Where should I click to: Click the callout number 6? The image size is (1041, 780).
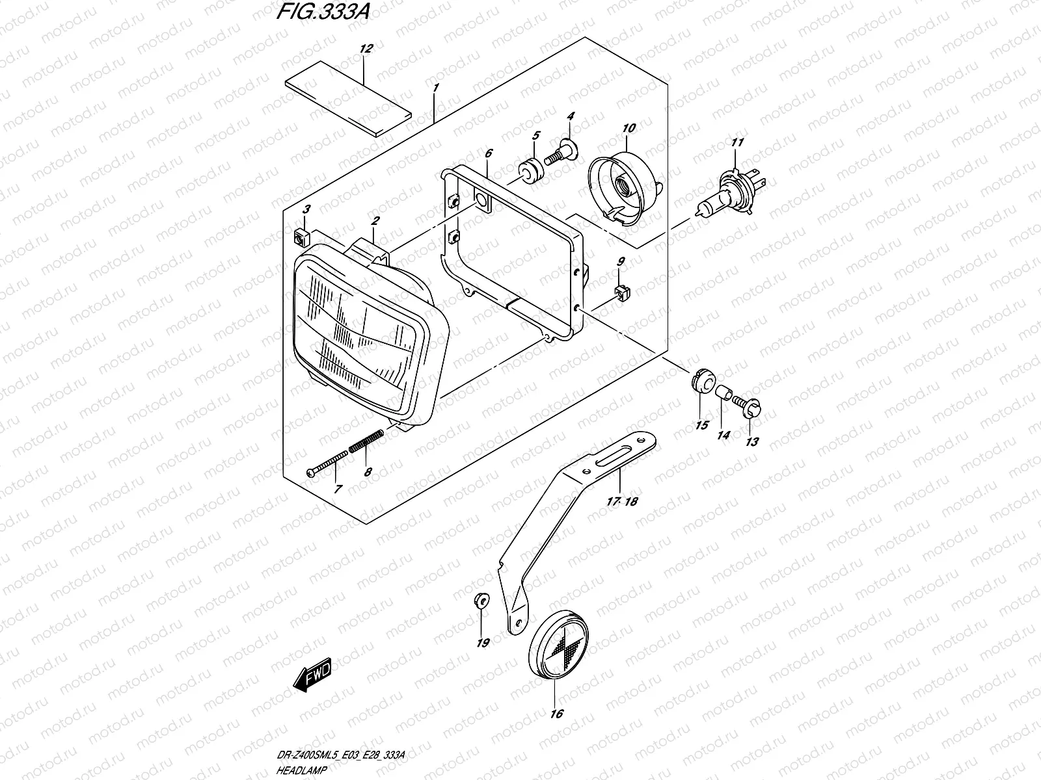[x=488, y=153]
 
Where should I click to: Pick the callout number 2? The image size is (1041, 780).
[x=375, y=222]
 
